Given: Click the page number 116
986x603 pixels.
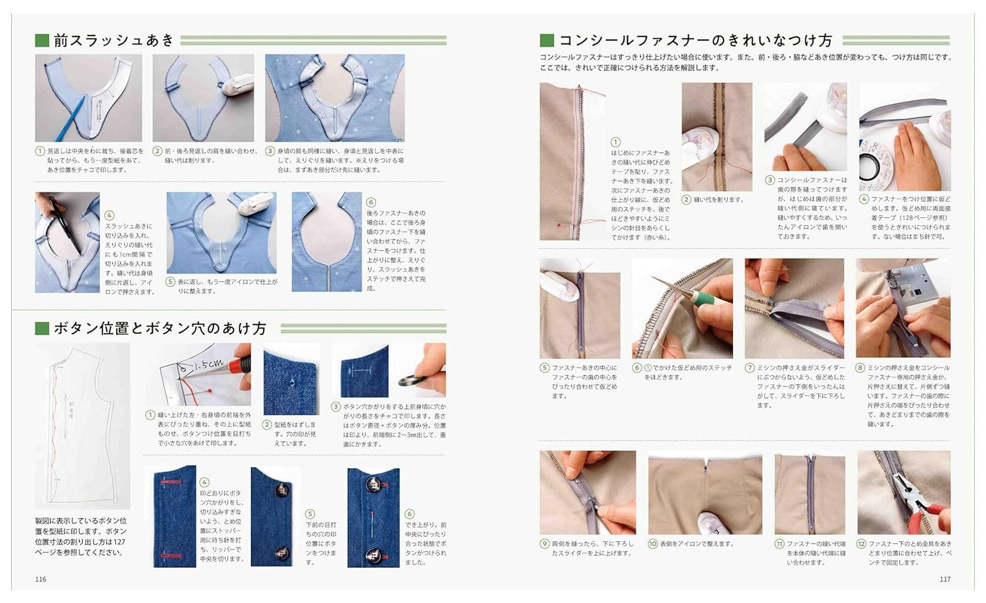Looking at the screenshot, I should pyautogui.click(x=41, y=579).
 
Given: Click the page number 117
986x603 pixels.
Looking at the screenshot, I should pyautogui.click(x=945, y=579).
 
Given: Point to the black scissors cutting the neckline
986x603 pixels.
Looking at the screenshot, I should pyautogui.click(x=61, y=224).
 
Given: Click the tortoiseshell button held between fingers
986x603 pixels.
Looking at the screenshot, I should pyautogui.click(x=410, y=381).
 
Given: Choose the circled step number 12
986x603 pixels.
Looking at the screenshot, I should pyautogui.click(x=861, y=543).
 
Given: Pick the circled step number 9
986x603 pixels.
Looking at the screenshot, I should pyautogui.click(x=545, y=543).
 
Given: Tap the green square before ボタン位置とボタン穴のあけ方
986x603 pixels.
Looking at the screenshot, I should pyautogui.click(x=42, y=328).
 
